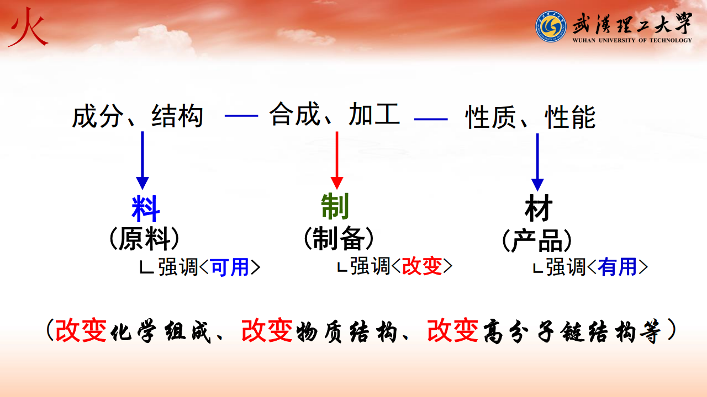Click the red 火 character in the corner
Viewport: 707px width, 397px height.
28,28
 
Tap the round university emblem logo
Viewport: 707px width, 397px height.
551,26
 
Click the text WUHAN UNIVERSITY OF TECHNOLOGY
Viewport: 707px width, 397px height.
632,40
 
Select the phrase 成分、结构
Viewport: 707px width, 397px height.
138,116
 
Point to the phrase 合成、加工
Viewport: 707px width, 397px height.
335,114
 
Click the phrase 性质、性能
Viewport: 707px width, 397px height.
531,117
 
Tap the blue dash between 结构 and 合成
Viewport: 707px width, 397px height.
241,116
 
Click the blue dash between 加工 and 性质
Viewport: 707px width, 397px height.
431,119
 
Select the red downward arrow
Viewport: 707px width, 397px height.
337,160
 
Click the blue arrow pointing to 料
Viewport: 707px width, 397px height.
143,160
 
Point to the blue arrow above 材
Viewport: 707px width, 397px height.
537,162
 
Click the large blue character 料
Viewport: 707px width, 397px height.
145,208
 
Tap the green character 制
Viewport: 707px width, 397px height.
335,206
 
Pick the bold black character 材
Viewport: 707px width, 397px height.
539,208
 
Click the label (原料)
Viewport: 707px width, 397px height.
144,239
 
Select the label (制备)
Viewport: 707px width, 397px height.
339,238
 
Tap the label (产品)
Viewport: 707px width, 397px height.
537,240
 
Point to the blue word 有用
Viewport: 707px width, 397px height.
617,267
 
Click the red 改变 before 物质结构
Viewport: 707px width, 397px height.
267,330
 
